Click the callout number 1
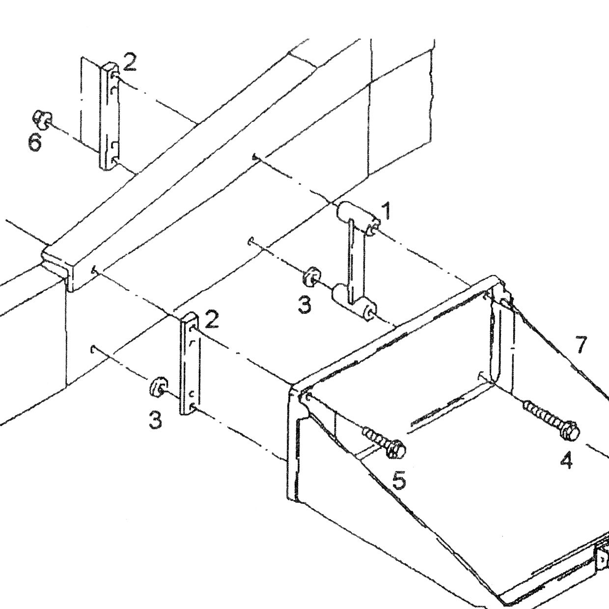point(386,211)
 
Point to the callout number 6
point(35,142)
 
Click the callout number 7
point(581,345)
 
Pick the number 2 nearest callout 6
point(130,62)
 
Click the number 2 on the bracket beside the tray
point(211,320)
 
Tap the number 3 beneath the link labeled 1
point(304,305)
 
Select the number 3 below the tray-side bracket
point(156,420)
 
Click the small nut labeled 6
point(42,120)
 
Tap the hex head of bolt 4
point(570,432)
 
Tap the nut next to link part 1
point(310,277)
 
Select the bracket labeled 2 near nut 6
point(109,116)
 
